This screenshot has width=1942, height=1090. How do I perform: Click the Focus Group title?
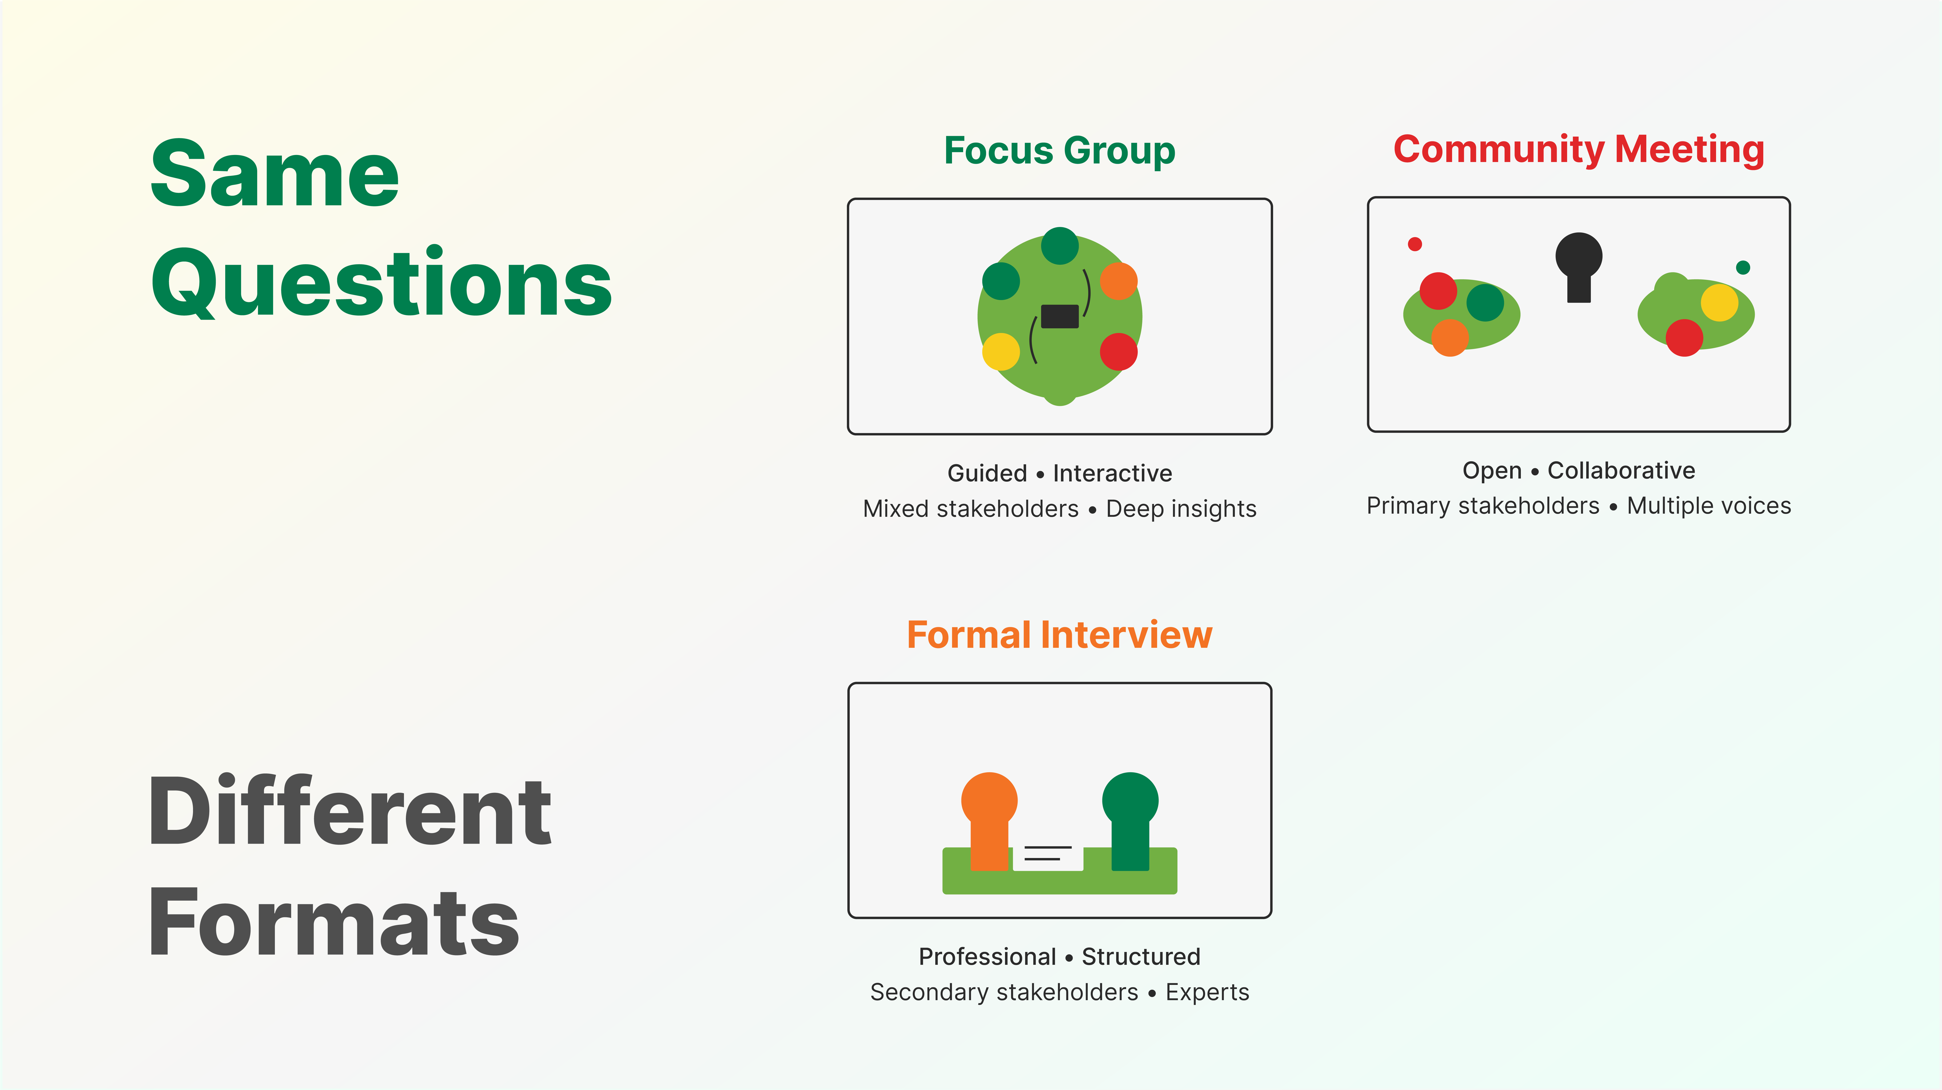click(1059, 151)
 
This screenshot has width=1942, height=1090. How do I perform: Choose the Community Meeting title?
click(1579, 149)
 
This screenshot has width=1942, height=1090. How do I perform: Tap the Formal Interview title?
click(1059, 635)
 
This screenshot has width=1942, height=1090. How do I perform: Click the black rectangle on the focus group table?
click(1059, 316)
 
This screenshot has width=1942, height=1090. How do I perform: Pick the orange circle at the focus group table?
click(1118, 281)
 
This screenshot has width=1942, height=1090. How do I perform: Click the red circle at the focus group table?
click(1118, 351)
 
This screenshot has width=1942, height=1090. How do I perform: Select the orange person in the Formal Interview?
click(989, 818)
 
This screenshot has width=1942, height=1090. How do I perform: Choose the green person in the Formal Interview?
click(1130, 818)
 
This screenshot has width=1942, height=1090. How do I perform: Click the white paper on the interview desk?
click(1048, 857)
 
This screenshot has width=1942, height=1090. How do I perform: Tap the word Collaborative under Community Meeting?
click(1621, 470)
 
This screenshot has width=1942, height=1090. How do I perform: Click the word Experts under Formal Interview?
click(1207, 992)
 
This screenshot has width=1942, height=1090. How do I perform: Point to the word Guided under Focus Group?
click(987, 473)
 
